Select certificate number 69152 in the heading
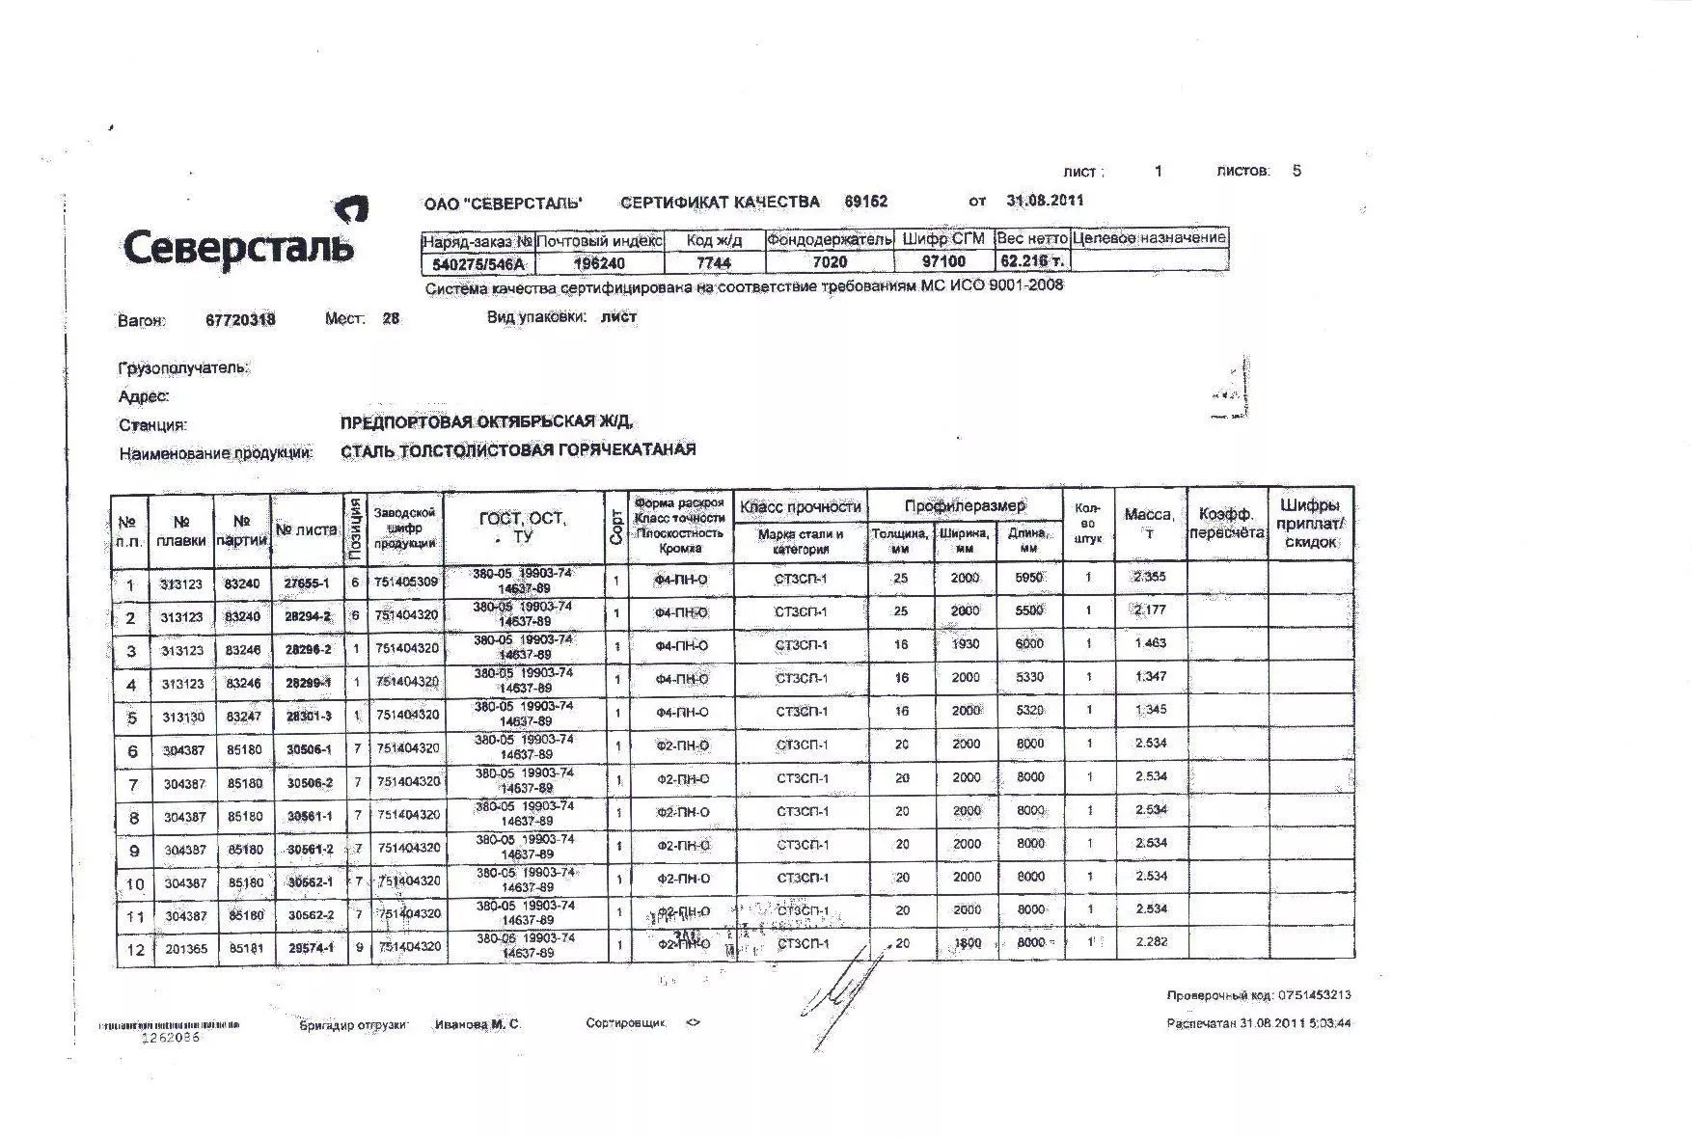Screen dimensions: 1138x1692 (x=865, y=202)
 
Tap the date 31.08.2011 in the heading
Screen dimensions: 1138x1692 (x=1045, y=201)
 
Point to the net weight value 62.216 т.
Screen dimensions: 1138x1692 (x=1031, y=261)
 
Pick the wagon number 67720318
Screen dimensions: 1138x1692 (x=240, y=320)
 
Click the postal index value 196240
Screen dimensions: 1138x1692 (x=599, y=262)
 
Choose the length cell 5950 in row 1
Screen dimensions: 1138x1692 (x=1029, y=578)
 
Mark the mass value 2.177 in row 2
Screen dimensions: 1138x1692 (x=1150, y=610)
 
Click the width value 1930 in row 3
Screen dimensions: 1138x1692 (x=965, y=644)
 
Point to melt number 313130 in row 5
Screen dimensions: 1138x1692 (x=182, y=718)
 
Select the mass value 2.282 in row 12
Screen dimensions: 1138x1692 (x=1152, y=942)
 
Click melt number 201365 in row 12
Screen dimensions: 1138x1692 (x=185, y=949)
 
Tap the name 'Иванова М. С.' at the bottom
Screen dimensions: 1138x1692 (x=477, y=1024)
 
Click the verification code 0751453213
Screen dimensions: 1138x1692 (x=1315, y=995)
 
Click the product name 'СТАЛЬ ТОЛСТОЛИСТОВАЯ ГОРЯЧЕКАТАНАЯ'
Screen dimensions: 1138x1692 (x=518, y=450)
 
